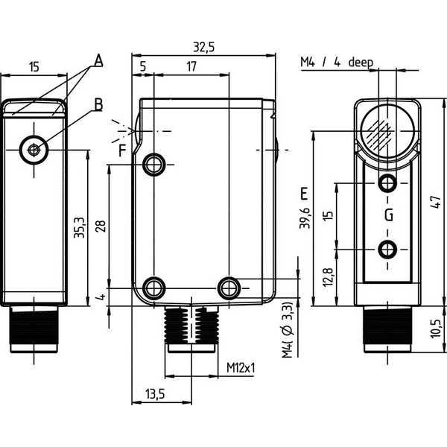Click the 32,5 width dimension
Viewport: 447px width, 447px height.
[203, 47]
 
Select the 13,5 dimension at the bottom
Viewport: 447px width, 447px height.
[156, 394]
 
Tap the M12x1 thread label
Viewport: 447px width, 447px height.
[241, 368]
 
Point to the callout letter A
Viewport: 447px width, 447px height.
[98, 60]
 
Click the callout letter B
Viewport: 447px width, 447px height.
[98, 104]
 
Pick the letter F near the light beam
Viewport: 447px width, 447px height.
[123, 150]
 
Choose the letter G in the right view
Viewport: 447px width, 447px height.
[389, 215]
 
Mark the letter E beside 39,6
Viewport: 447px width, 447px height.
[305, 194]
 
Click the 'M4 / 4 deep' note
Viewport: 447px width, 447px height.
[337, 62]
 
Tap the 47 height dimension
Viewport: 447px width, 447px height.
[436, 202]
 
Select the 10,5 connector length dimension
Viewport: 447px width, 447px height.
[436, 329]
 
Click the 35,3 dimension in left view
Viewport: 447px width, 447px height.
[79, 227]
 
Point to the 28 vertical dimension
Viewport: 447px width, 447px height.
[101, 226]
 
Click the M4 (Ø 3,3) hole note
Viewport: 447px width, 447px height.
[288, 329]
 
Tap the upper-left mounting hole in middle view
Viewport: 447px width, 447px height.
[154, 165]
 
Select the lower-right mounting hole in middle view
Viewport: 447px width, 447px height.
[229, 288]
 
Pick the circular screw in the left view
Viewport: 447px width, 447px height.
[34, 150]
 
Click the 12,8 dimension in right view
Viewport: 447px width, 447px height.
[329, 277]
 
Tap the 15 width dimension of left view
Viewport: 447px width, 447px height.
[34, 67]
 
